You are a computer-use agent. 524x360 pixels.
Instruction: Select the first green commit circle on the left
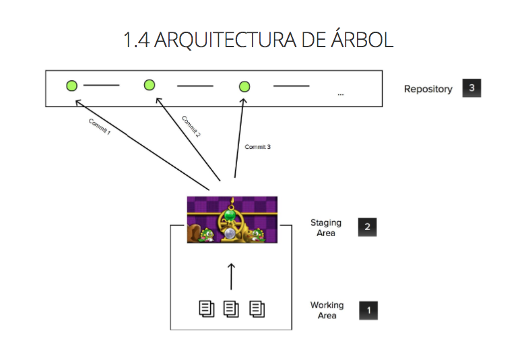pyautogui.click(x=71, y=86)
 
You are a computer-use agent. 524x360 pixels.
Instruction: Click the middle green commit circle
pyautogui.click(x=150, y=85)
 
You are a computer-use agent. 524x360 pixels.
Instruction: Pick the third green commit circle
pyautogui.click(x=244, y=86)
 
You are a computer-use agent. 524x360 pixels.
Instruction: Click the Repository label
pyautogui.click(x=428, y=89)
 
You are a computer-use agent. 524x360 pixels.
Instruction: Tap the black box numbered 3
pyautogui.click(x=471, y=88)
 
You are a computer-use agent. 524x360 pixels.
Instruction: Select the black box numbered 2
pyautogui.click(x=367, y=227)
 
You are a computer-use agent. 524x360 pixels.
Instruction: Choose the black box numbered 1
pyautogui.click(x=368, y=310)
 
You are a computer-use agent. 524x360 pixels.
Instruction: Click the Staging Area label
pyautogui.click(x=326, y=227)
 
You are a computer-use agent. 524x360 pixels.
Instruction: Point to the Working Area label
pyautogui.click(x=327, y=310)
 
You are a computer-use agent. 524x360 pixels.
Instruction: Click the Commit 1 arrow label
pyautogui.click(x=100, y=126)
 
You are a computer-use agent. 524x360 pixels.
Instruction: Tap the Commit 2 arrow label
pyautogui.click(x=191, y=126)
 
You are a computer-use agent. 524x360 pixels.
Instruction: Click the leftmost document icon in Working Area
pyautogui.click(x=205, y=309)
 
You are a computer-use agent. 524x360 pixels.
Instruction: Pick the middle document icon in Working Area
pyautogui.click(x=231, y=309)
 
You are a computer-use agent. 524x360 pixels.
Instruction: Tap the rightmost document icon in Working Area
pyautogui.click(x=257, y=309)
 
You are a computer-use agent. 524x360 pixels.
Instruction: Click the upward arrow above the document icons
pyautogui.click(x=231, y=275)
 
